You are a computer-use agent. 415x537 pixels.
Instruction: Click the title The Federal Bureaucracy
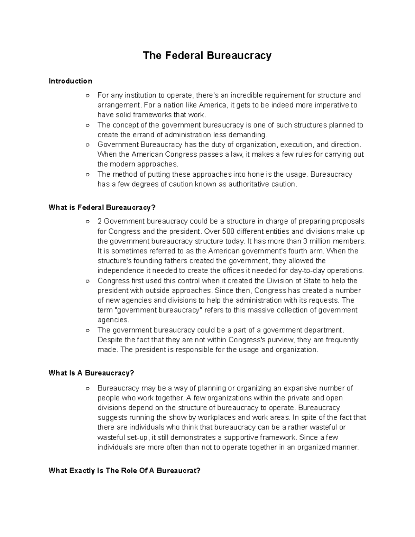207,55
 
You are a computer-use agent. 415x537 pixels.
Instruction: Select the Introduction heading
70,81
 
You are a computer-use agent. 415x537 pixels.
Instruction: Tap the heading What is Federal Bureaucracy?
102,207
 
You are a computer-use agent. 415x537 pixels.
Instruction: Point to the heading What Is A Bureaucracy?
91,373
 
